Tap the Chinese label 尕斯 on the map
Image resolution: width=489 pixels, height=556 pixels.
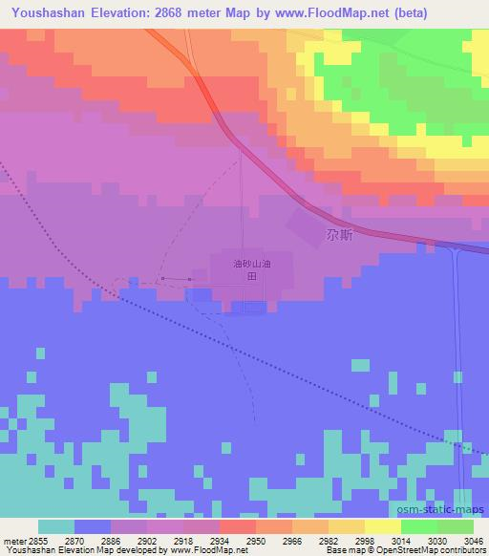pyautogui.click(x=338, y=234)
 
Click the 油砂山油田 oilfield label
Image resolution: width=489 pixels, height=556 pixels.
pyautogui.click(x=246, y=268)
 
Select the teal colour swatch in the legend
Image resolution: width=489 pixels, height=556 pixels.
pyautogui.click(x=56, y=526)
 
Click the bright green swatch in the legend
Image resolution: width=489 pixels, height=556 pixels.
pyautogui.click(x=419, y=526)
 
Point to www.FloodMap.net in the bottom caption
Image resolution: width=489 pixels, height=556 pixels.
pyautogui.click(x=207, y=550)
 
